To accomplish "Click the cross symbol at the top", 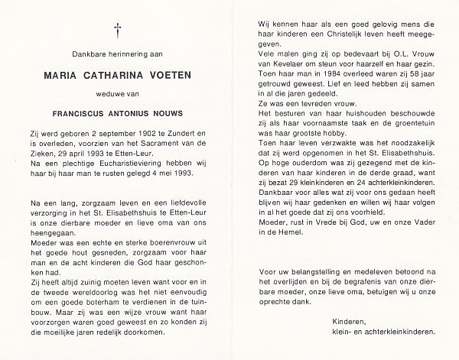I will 118,30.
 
